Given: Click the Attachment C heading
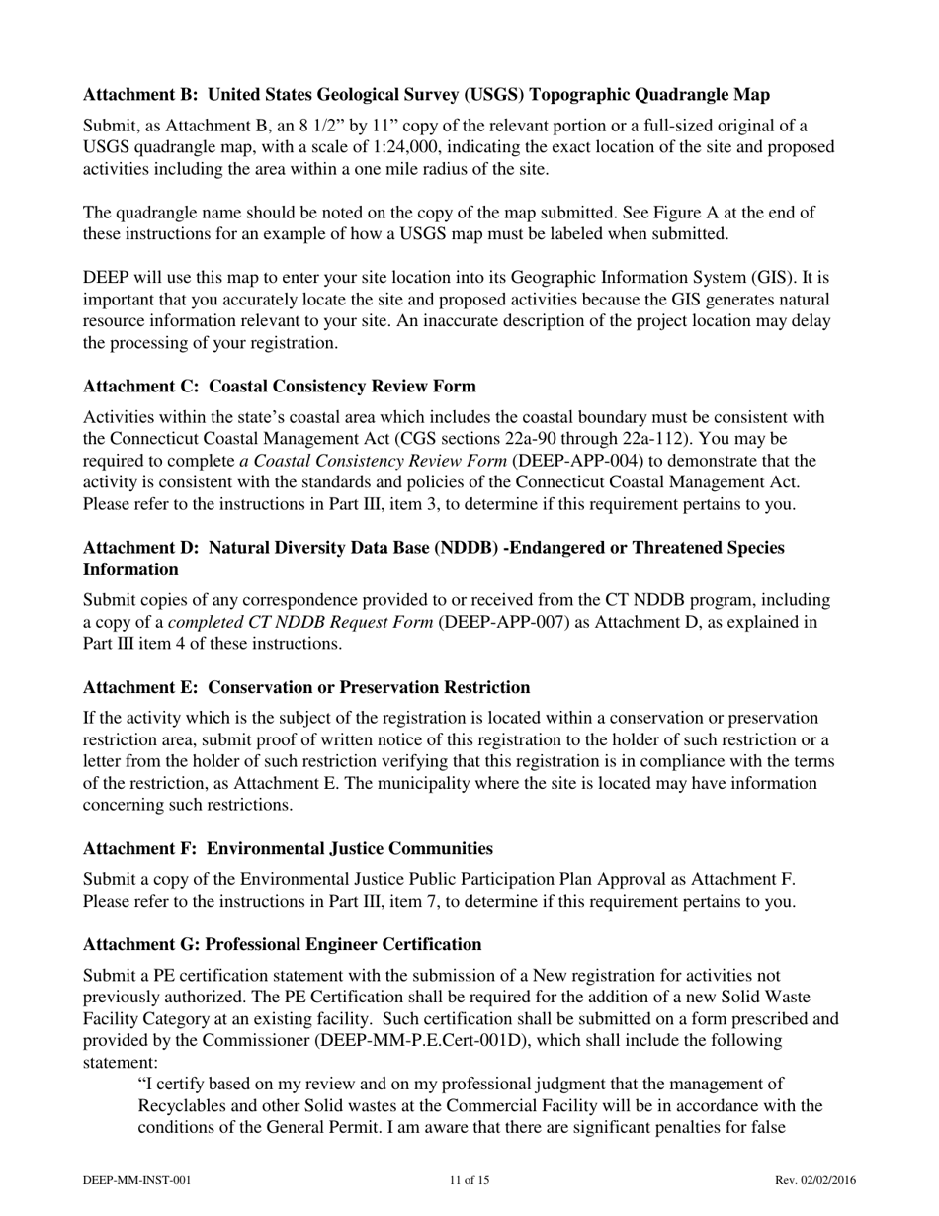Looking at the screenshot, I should tap(280, 386).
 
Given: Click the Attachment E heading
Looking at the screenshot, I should tap(306, 687).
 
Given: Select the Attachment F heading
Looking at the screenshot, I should tap(288, 848).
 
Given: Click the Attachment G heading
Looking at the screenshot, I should tap(283, 944).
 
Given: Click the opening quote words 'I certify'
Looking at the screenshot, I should tap(175, 1085).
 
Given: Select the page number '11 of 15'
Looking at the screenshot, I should tap(469, 1180).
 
